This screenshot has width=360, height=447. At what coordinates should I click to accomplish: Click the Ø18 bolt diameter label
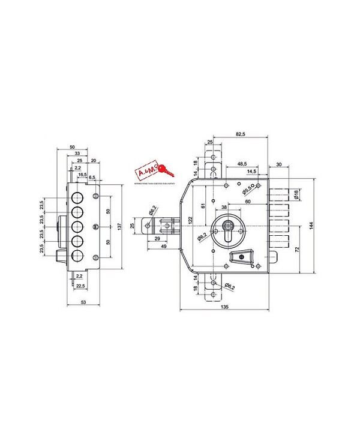[297, 194]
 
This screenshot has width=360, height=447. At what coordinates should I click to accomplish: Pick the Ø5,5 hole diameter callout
[247, 191]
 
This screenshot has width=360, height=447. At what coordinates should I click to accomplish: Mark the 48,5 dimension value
[243, 164]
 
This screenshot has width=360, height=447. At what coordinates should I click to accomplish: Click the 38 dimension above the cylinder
[223, 207]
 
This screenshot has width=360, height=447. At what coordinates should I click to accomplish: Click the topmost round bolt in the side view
[77, 199]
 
